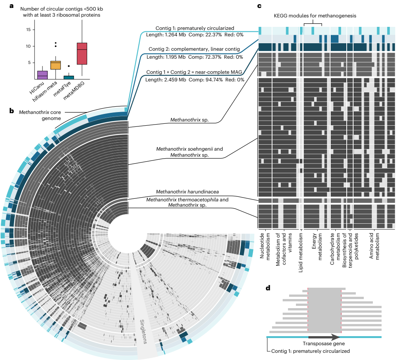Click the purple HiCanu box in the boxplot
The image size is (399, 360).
click(x=42, y=75)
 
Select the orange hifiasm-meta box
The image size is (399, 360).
click(x=56, y=65)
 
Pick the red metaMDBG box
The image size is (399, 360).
click(x=82, y=53)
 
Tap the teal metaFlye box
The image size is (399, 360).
click(x=69, y=77)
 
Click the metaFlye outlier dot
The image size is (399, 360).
click(x=69, y=66)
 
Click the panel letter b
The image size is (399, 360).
click(x=11, y=111)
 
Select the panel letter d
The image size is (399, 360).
click(x=268, y=288)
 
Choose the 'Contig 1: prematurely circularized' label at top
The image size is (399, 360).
click(x=194, y=28)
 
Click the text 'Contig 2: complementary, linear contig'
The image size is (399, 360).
click(x=194, y=49)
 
